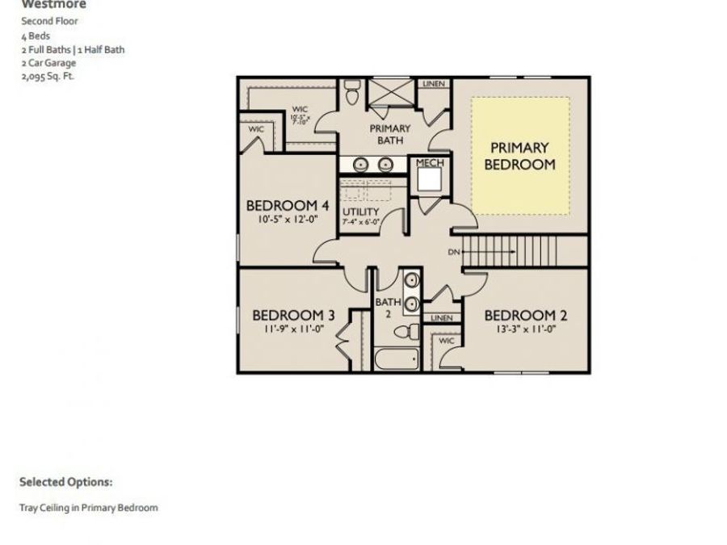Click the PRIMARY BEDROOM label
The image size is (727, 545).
pyautogui.click(x=519, y=156)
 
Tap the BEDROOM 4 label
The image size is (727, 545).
pyautogui.click(x=287, y=206)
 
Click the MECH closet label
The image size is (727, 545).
pyautogui.click(x=429, y=163)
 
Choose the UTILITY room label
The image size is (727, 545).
pyautogui.click(x=360, y=212)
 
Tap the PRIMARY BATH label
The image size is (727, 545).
pyautogui.click(x=389, y=134)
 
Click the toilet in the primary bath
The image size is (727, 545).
pyautogui.click(x=352, y=92)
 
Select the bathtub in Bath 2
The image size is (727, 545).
pyautogui.click(x=396, y=358)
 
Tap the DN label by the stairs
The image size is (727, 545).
pyautogui.click(x=453, y=252)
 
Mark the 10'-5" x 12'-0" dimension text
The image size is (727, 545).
pyautogui.click(x=287, y=220)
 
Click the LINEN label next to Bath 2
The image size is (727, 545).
pyautogui.click(x=442, y=318)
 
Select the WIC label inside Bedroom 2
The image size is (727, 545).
pyautogui.click(x=446, y=341)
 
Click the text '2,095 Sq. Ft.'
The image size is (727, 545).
pyautogui.click(x=48, y=77)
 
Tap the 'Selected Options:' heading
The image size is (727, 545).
pyautogui.click(x=65, y=482)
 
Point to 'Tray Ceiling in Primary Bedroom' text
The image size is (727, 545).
pyautogui.click(x=89, y=508)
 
